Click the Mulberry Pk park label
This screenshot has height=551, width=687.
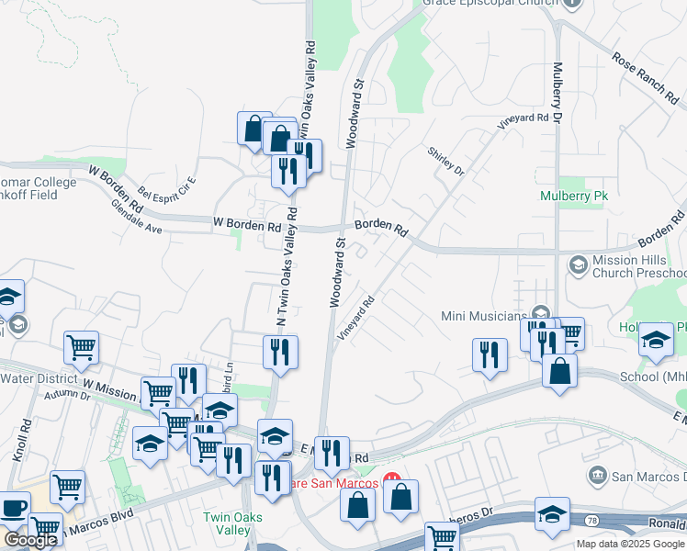tap(575, 196)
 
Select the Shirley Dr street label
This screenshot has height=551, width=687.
tap(446, 161)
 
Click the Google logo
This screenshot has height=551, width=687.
tap(30, 540)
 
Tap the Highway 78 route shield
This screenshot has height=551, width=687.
tap(589, 520)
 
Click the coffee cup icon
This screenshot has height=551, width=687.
tap(14, 509)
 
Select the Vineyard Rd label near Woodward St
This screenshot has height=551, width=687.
tap(356, 318)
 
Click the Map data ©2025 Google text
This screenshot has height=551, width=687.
tap(630, 544)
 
